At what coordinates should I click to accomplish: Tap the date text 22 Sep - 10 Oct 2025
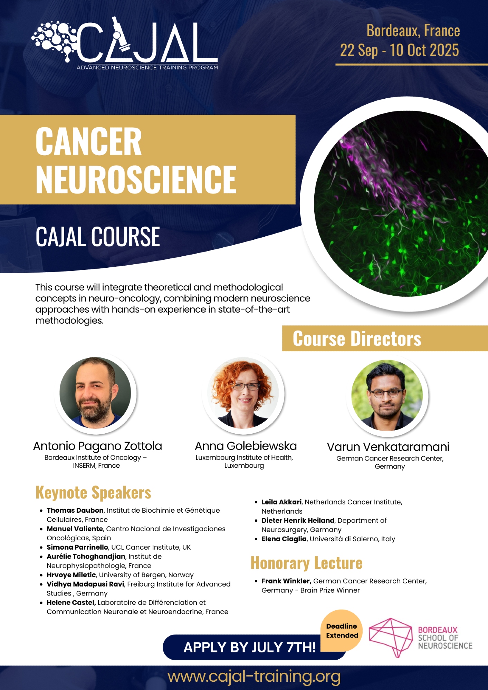[x=400, y=50]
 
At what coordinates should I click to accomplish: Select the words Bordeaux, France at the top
[x=413, y=31]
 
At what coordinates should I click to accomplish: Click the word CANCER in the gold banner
[x=89, y=141]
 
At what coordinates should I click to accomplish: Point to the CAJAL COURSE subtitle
[x=98, y=237]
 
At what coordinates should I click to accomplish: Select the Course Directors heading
[x=357, y=338]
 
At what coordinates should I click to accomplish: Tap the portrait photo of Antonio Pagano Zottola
[x=95, y=393]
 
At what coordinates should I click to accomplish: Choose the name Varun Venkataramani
[x=388, y=447]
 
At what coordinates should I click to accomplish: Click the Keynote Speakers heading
[x=93, y=493]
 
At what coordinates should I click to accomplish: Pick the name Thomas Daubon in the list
[x=75, y=510]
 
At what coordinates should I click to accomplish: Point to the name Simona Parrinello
[x=77, y=547]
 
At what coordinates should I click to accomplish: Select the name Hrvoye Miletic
[x=71, y=575]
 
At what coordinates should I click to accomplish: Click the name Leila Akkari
[x=281, y=502]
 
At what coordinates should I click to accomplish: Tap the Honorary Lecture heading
[x=307, y=563]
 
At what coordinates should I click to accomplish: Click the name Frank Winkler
[x=286, y=581]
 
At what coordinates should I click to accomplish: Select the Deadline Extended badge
[x=342, y=631]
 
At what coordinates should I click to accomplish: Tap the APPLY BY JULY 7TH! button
[x=250, y=647]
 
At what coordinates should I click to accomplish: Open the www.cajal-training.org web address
[x=254, y=677]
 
